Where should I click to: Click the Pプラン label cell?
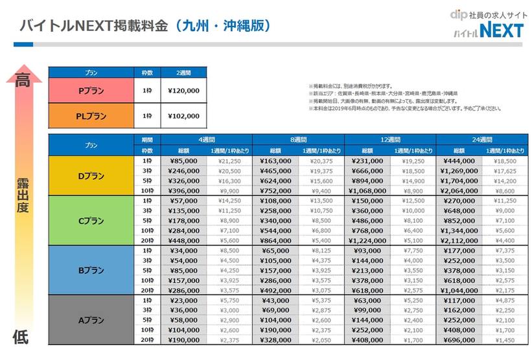(x=91, y=91)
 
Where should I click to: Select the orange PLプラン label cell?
(x=91, y=116)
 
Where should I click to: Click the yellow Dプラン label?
(x=91, y=176)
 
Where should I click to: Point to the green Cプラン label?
(x=91, y=221)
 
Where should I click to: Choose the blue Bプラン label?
(x=91, y=269)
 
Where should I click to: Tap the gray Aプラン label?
(x=91, y=319)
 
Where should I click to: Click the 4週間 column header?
(x=207, y=139)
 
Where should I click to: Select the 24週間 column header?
(x=483, y=139)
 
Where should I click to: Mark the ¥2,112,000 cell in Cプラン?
(x=459, y=240)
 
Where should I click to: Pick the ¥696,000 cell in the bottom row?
(x=459, y=339)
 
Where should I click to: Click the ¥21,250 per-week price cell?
(x=230, y=161)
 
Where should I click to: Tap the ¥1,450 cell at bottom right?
(x=507, y=339)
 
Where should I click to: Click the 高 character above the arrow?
(x=23, y=80)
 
